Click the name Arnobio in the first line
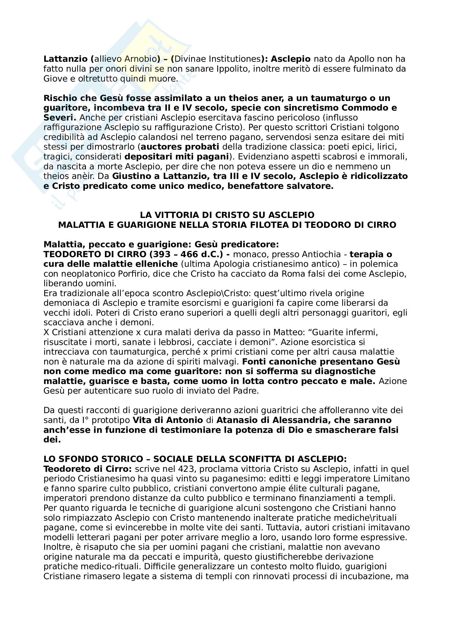pos(140,59)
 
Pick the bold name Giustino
pos(135,176)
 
